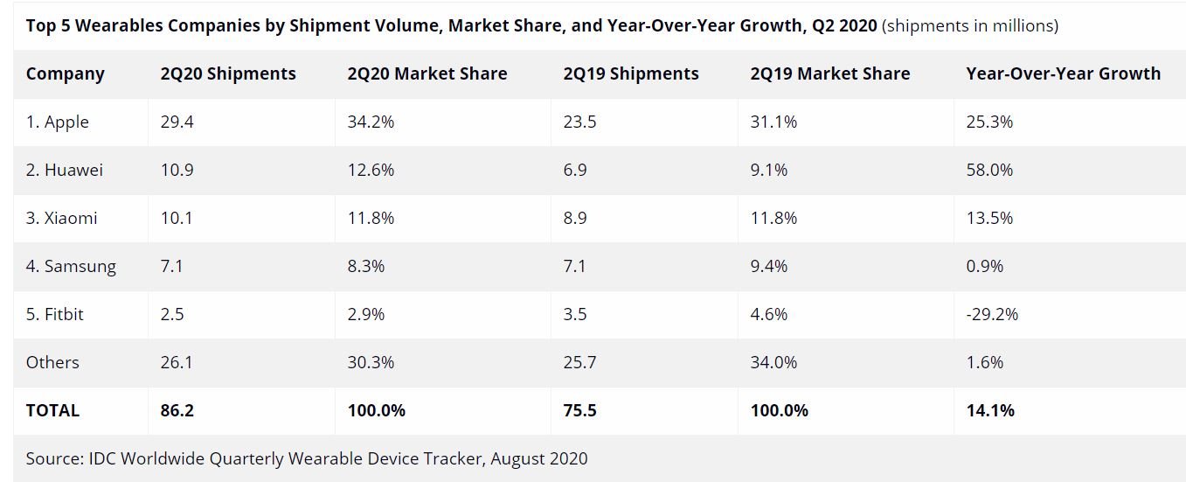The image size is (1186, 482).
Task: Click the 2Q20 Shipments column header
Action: tap(228, 74)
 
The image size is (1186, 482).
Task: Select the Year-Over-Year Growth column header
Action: tap(1063, 74)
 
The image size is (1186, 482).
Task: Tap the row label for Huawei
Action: tap(64, 170)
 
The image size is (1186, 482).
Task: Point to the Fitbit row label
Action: tap(54, 314)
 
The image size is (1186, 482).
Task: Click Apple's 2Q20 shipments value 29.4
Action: tap(177, 122)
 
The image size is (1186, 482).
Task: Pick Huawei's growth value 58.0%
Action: tap(989, 170)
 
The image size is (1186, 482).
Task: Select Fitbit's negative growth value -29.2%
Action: tap(992, 314)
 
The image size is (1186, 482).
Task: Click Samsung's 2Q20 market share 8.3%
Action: tap(365, 266)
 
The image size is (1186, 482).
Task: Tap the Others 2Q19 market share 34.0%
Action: tap(773, 362)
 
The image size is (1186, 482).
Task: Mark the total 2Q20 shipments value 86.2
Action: tap(177, 410)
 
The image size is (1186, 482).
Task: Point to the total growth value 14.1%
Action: tap(990, 410)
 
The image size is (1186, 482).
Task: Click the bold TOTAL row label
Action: tap(52, 410)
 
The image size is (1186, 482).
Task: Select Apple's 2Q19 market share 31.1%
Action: tap(773, 122)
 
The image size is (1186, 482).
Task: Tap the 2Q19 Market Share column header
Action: tap(829, 74)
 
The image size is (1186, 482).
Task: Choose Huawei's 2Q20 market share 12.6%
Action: tap(370, 170)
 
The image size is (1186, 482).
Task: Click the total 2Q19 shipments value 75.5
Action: tap(580, 410)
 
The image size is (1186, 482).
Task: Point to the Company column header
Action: tap(66, 74)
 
